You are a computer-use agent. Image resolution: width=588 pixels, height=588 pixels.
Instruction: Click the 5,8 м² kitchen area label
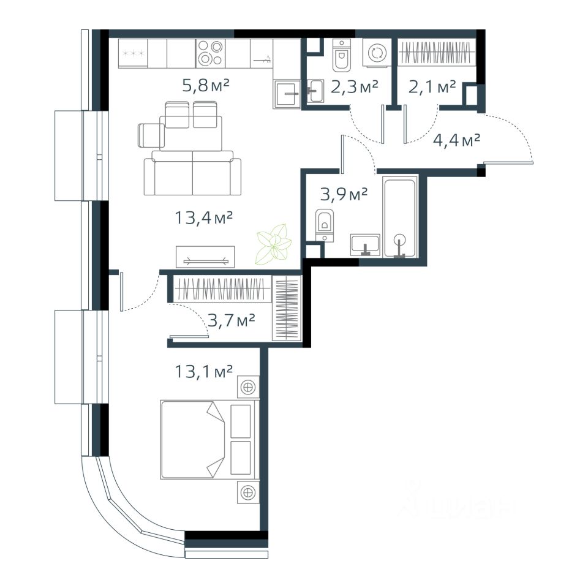206,86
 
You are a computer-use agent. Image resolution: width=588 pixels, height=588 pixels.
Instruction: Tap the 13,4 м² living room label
204,217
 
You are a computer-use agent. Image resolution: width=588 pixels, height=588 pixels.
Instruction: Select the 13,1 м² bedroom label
204,371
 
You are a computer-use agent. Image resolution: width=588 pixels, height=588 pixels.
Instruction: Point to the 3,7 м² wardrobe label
232,320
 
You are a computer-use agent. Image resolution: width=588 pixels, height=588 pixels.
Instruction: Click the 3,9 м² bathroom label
344,194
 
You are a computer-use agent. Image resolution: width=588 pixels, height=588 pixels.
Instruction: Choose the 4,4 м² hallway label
457,141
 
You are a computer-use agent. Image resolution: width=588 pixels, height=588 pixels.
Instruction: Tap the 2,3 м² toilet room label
355,87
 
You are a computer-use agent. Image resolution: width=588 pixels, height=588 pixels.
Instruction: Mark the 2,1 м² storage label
432,87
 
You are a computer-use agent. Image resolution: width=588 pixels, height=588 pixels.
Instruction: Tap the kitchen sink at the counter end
287,94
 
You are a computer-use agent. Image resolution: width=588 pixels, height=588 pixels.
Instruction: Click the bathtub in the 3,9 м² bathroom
400,217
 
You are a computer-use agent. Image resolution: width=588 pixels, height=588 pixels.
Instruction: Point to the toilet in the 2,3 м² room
341,55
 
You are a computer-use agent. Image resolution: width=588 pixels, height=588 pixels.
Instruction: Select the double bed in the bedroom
209,440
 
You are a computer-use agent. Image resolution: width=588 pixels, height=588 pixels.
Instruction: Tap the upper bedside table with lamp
248,386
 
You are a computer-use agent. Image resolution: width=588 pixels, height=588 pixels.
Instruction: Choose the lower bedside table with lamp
248,492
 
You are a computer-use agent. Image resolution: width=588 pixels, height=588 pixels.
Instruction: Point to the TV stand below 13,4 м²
205,257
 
